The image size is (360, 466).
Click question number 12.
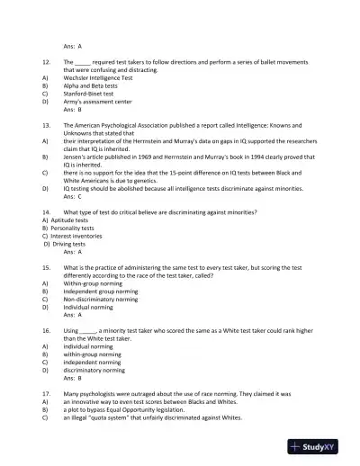tap(46, 61)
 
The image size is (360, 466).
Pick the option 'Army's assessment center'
tap(98, 102)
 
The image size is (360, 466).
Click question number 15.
tap(46, 268)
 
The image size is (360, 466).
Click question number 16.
tap(46, 331)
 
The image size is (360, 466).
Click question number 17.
tap(46, 394)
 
